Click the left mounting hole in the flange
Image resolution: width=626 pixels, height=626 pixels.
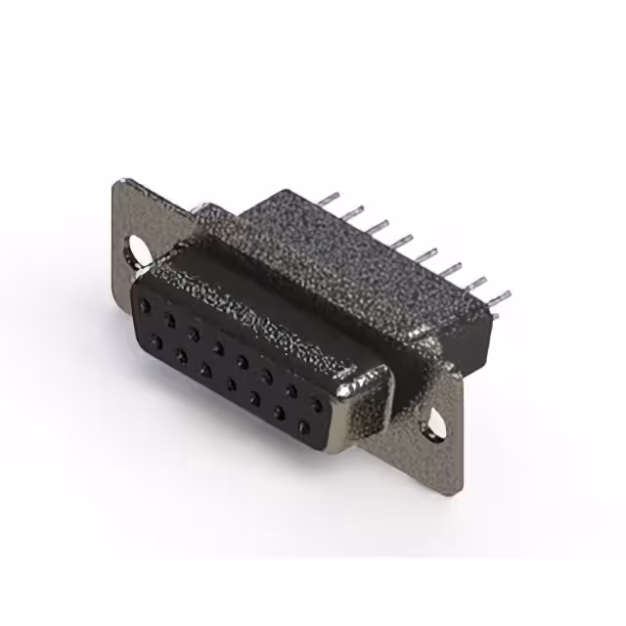[140, 250]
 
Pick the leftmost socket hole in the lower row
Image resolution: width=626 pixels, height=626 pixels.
[156, 341]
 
